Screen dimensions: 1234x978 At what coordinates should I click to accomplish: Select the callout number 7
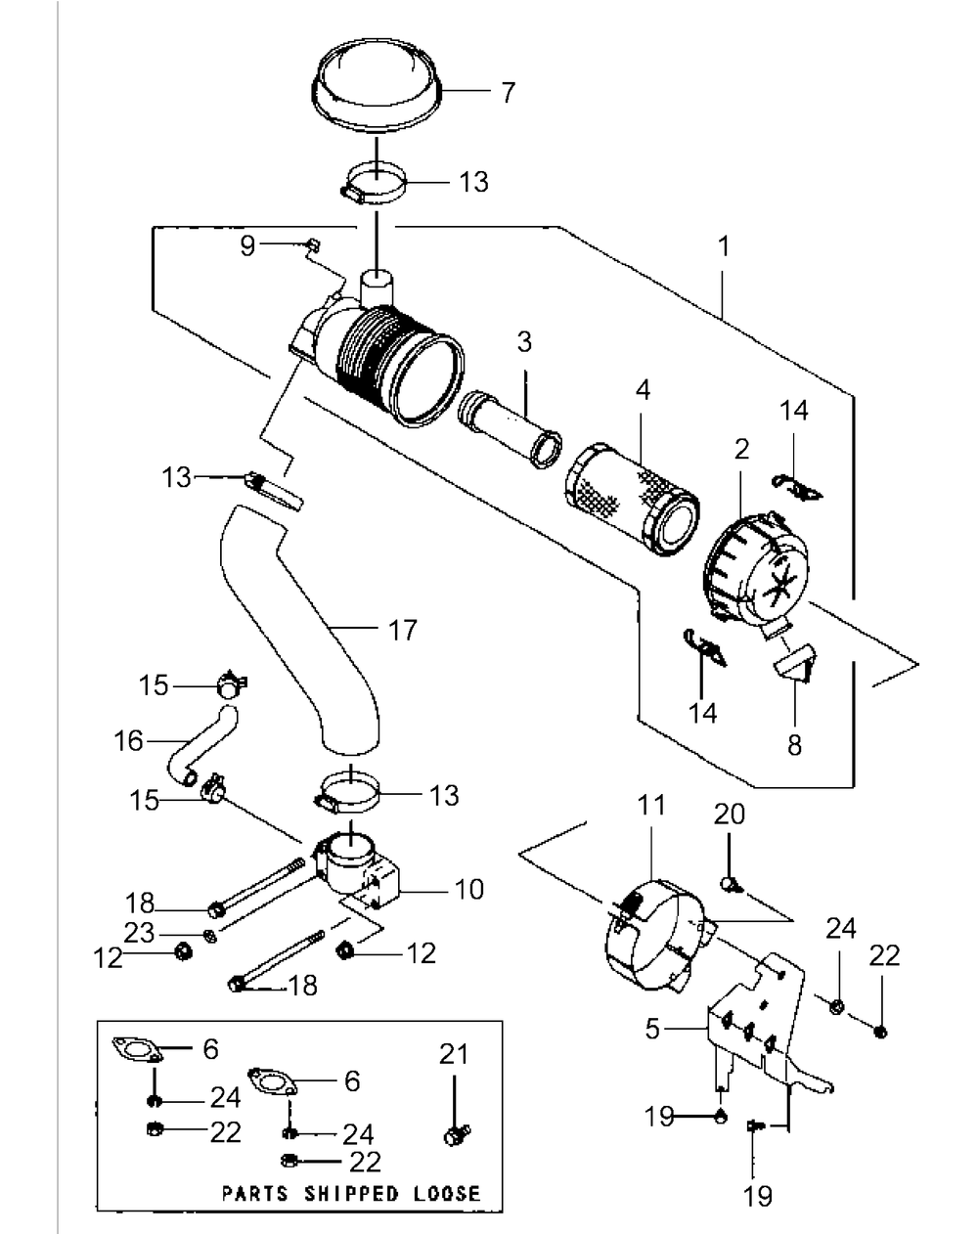[x=508, y=94]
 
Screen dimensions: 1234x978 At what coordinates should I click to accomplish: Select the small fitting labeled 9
[x=312, y=243]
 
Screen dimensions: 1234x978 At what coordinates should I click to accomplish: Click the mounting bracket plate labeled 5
[x=757, y=1027]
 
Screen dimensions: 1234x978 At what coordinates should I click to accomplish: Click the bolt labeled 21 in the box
[x=453, y=1135]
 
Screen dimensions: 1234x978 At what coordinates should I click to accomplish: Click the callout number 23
[x=140, y=933]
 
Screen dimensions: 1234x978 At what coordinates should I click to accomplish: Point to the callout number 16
[x=128, y=740]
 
